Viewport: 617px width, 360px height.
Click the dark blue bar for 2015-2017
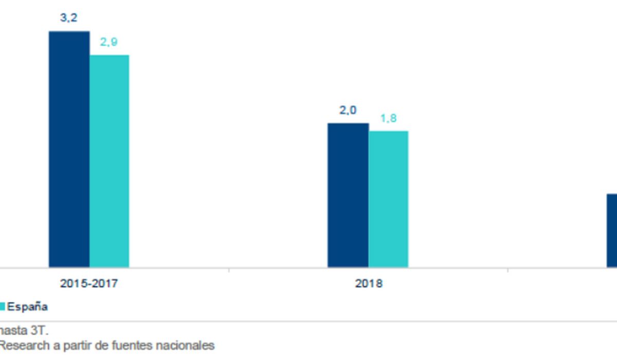click(69, 149)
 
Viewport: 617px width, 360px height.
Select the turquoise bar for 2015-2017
click(110, 161)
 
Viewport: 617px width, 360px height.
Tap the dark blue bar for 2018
click(348, 195)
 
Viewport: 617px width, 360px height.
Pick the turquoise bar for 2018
click(388, 199)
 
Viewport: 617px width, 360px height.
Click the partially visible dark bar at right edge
click(612, 230)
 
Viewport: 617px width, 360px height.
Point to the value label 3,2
click(69, 18)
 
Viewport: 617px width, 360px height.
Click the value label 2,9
click(109, 42)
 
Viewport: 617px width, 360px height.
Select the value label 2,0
click(348, 110)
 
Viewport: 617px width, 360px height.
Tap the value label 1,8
click(388, 118)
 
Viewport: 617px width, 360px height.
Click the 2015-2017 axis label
click(89, 283)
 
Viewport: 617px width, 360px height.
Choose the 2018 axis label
click(369, 283)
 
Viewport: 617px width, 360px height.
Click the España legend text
click(27, 307)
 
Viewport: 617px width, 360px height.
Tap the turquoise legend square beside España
click(2, 307)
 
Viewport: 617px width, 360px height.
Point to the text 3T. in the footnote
click(40, 330)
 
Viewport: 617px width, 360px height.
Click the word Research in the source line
click(24, 346)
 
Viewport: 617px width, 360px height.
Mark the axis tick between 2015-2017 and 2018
click(229, 270)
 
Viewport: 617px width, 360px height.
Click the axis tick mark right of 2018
click(508, 270)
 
